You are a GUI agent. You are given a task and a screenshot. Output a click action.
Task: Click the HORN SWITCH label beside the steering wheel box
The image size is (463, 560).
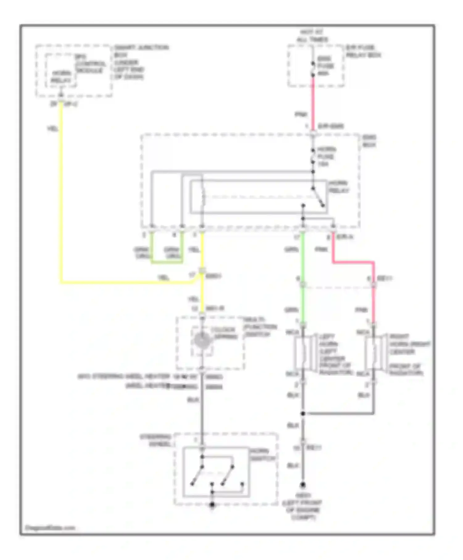click(262, 455)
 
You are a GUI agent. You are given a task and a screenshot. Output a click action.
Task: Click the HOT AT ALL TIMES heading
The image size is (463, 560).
click(312, 36)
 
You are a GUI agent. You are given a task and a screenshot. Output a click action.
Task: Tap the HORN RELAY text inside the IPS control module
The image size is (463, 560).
click(61, 77)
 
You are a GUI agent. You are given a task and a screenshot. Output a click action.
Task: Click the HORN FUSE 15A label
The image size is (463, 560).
click(327, 157)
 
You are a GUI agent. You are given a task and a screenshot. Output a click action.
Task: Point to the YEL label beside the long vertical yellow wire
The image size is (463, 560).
click(52, 129)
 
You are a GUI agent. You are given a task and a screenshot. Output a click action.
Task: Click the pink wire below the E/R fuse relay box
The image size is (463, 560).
click(313, 102)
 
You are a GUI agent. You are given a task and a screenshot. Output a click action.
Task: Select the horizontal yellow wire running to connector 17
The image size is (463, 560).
click(123, 282)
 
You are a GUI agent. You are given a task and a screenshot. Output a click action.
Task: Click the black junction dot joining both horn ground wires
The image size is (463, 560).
click(303, 413)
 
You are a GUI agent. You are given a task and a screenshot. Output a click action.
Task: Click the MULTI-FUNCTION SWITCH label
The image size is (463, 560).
click(260, 327)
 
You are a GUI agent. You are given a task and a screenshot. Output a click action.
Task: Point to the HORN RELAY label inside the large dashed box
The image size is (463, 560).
click(338, 187)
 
